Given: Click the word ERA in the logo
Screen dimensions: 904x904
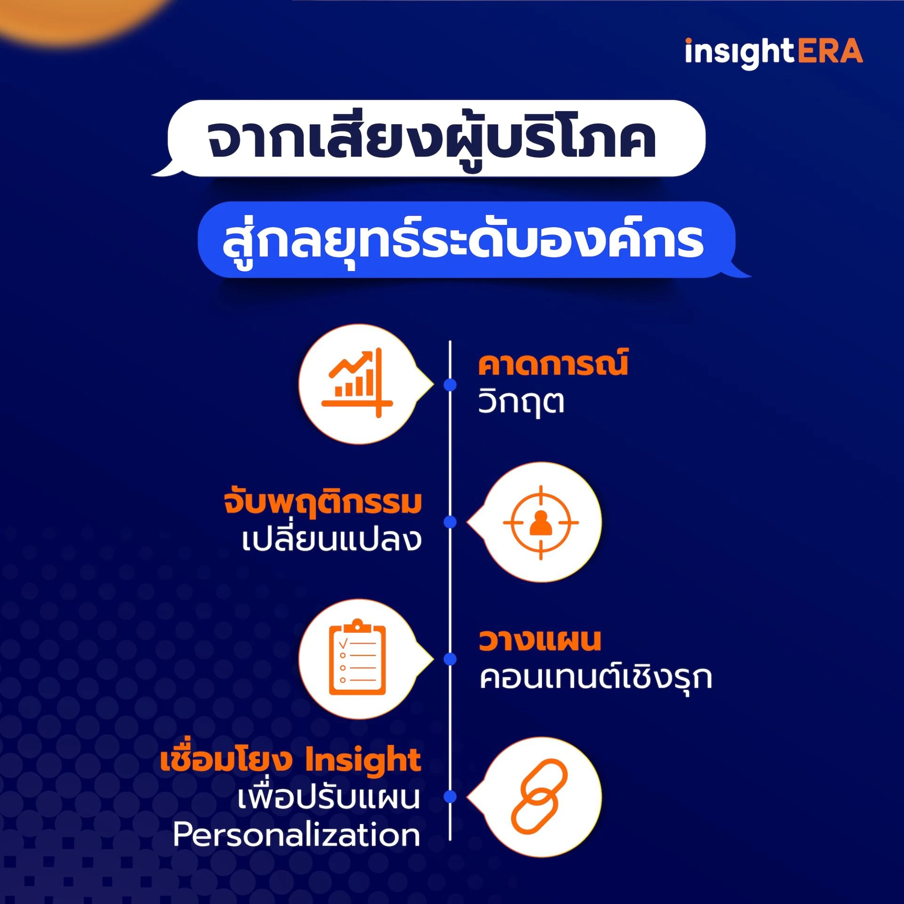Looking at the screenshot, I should [x=830, y=52].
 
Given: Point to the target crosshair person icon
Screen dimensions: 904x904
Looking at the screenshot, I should [x=541, y=522].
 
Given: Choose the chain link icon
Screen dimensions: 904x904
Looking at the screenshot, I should [x=540, y=796].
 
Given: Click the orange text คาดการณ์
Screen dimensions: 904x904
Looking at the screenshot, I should [x=553, y=364].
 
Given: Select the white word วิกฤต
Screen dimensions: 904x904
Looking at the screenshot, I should [x=521, y=402].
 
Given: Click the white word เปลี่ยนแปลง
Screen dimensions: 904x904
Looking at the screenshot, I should [x=331, y=540].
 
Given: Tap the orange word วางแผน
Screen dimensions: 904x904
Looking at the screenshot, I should [x=540, y=640].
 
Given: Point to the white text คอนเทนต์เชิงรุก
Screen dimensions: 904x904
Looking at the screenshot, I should [x=595, y=678].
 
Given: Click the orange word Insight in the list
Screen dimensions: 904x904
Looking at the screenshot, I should [x=363, y=761].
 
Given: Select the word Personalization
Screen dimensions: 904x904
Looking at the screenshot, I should [x=297, y=835].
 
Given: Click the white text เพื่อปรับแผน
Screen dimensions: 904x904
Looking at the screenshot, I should [x=328, y=798].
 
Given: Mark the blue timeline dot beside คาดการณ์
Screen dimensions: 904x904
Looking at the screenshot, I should [x=450, y=385].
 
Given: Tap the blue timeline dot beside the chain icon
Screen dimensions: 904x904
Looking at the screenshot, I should [x=450, y=796].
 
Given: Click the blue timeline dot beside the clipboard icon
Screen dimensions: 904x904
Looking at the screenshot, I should [x=450, y=659].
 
